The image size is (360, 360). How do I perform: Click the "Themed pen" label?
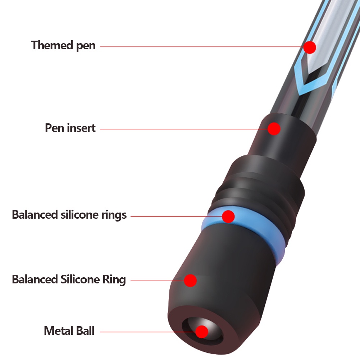click(x=63, y=46)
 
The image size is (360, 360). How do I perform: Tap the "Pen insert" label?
click(x=70, y=128)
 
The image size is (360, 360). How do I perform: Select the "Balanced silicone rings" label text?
click(x=69, y=215)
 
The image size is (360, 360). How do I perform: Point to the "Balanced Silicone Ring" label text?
click(x=69, y=279)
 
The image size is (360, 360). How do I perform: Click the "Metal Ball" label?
click(x=69, y=331)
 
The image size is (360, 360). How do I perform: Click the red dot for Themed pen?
click(x=309, y=47)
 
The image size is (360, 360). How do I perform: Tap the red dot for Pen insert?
click(x=274, y=128)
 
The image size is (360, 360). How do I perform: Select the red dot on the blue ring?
click(x=228, y=217)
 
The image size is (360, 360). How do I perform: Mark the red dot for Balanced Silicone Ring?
click(x=190, y=280)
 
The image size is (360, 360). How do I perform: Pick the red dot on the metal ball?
click(x=202, y=331)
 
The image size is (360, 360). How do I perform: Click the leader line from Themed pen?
click(x=201, y=46)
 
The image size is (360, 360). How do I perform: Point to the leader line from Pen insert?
click(x=183, y=128)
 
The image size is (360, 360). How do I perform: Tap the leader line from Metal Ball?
click(x=147, y=331)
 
